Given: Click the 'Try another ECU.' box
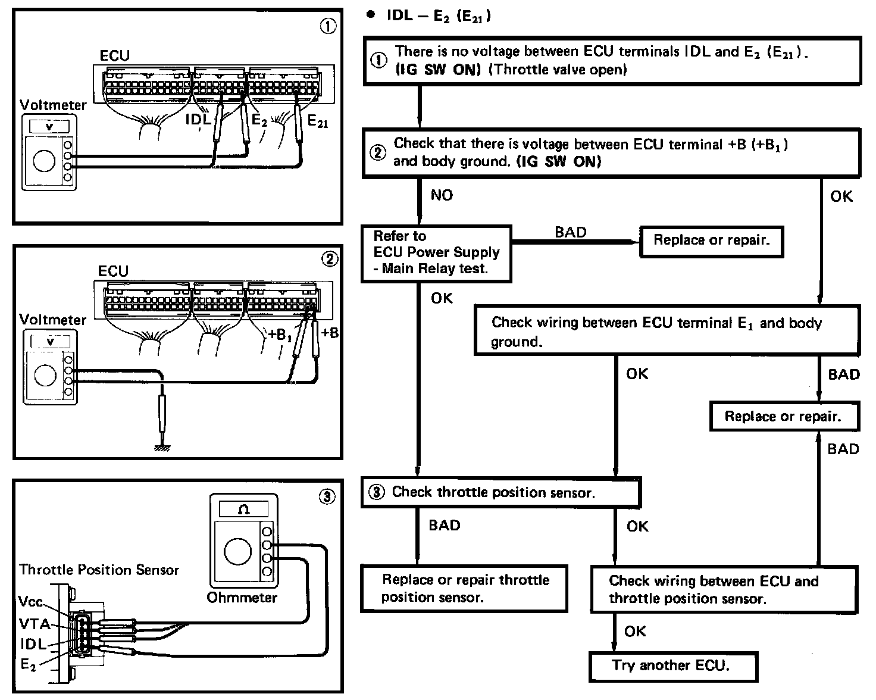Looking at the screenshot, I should [673, 667].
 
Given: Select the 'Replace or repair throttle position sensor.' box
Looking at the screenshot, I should [464, 588].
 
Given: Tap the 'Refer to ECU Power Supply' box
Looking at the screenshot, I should [436, 253].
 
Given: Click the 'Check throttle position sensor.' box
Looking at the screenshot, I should [500, 493].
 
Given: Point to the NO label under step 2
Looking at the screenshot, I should [441, 195].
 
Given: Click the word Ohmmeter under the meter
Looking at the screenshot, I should [242, 597].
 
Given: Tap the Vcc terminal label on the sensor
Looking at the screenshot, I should [31, 602].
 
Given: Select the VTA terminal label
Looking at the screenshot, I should [35, 624].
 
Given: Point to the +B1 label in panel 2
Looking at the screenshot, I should [280, 335].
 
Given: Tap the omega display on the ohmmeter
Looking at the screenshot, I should [243, 509].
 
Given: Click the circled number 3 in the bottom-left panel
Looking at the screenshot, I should [327, 498].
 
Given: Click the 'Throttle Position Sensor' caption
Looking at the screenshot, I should [99, 570].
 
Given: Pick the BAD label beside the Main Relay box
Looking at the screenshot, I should [570, 232].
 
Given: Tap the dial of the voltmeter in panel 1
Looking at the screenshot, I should [45, 160].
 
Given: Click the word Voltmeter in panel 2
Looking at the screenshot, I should [52, 320].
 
